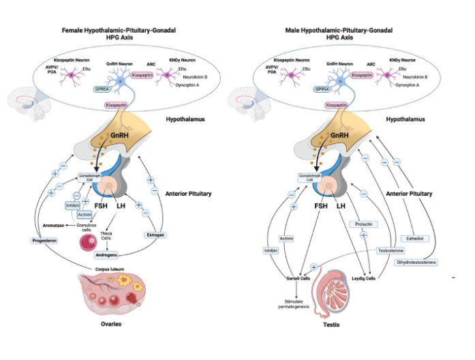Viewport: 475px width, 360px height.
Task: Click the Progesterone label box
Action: tap(45, 241)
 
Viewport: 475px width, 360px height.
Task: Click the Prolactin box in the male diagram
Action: tap(363, 224)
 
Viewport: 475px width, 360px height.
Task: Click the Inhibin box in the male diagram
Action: tap(270, 251)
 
